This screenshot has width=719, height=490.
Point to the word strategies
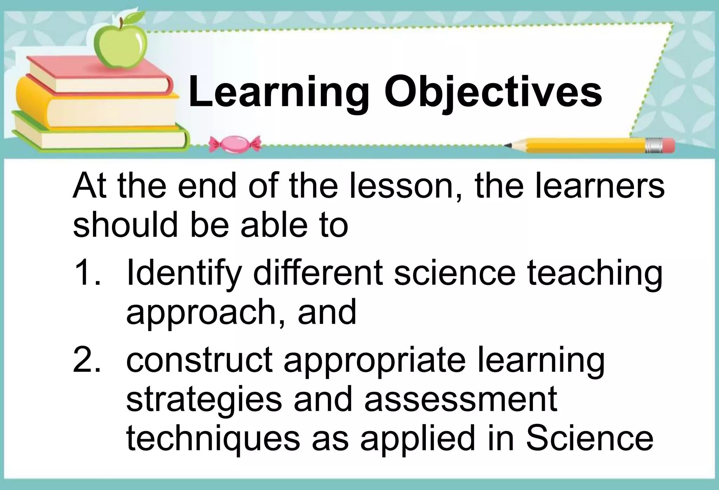coord(204,400)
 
